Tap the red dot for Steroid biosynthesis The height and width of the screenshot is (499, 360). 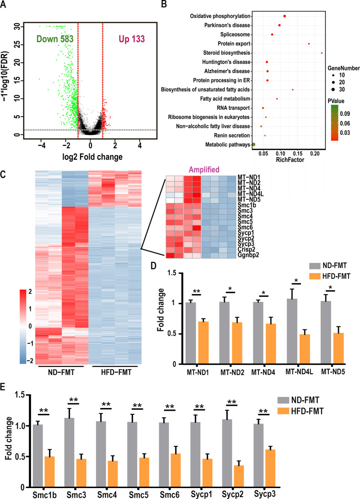(322, 53)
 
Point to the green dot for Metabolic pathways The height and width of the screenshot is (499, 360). (253, 144)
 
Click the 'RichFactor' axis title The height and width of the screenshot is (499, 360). (285, 161)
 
